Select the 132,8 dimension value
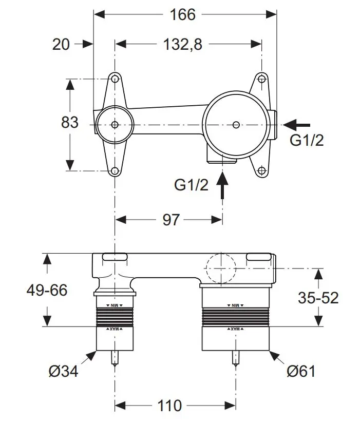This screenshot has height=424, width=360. pos(183,45)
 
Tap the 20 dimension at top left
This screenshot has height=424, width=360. pos(61,45)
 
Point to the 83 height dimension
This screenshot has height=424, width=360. pos(69,123)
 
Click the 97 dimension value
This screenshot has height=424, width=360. pos(171,220)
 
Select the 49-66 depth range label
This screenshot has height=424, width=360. pos(47,290)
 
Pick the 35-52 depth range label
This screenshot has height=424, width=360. pos(318,297)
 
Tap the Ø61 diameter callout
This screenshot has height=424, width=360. pos(301,371)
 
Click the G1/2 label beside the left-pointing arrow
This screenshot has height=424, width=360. pos(307,140)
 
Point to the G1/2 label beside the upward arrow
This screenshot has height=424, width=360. pos(192,185)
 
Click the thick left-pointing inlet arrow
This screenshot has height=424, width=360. pos(297,124)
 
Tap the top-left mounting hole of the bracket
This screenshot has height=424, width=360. pos(115,79)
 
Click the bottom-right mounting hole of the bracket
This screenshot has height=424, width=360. pos(261,170)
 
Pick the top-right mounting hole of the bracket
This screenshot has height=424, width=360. pos(261,79)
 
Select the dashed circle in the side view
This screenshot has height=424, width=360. pos(220,268)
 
